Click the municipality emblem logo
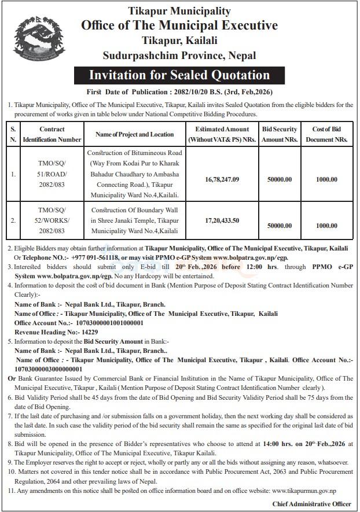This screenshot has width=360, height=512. coord(39,39)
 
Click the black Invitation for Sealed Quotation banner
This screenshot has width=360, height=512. coord(179,75)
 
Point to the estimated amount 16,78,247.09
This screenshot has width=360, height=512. coord(223,179)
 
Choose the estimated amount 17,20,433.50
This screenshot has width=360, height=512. coord(223,221)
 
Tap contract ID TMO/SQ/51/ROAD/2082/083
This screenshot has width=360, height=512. coord(52,174)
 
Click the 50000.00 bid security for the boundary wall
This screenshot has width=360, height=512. coord(280,226)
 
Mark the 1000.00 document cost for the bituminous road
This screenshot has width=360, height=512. coord(326,179)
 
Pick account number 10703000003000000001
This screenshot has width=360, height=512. coord(49,368)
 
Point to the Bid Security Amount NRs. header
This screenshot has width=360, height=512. coord(280,134)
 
